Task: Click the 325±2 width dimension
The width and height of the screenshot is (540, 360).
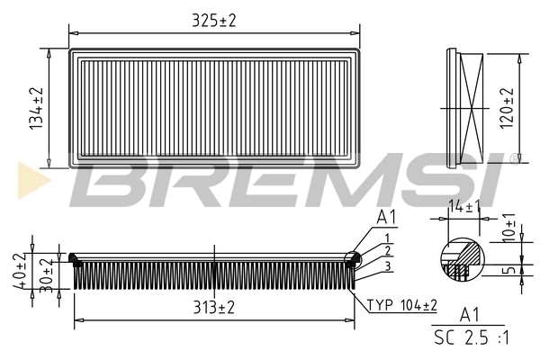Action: pyautogui.click(x=213, y=20)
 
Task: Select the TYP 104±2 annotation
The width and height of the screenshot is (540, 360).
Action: pyautogui.click(x=401, y=305)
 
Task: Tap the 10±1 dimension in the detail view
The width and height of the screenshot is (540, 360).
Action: pyautogui.click(x=509, y=228)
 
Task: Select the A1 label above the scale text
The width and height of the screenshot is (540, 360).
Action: pyautogui.click(x=469, y=314)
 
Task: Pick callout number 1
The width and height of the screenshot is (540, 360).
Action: pyautogui.click(x=385, y=237)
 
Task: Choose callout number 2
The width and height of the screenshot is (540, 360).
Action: pyautogui.click(x=386, y=250)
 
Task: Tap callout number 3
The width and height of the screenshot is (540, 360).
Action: pyautogui.click(x=386, y=265)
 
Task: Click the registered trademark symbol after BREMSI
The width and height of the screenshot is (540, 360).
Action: pyautogui.click(x=514, y=159)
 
